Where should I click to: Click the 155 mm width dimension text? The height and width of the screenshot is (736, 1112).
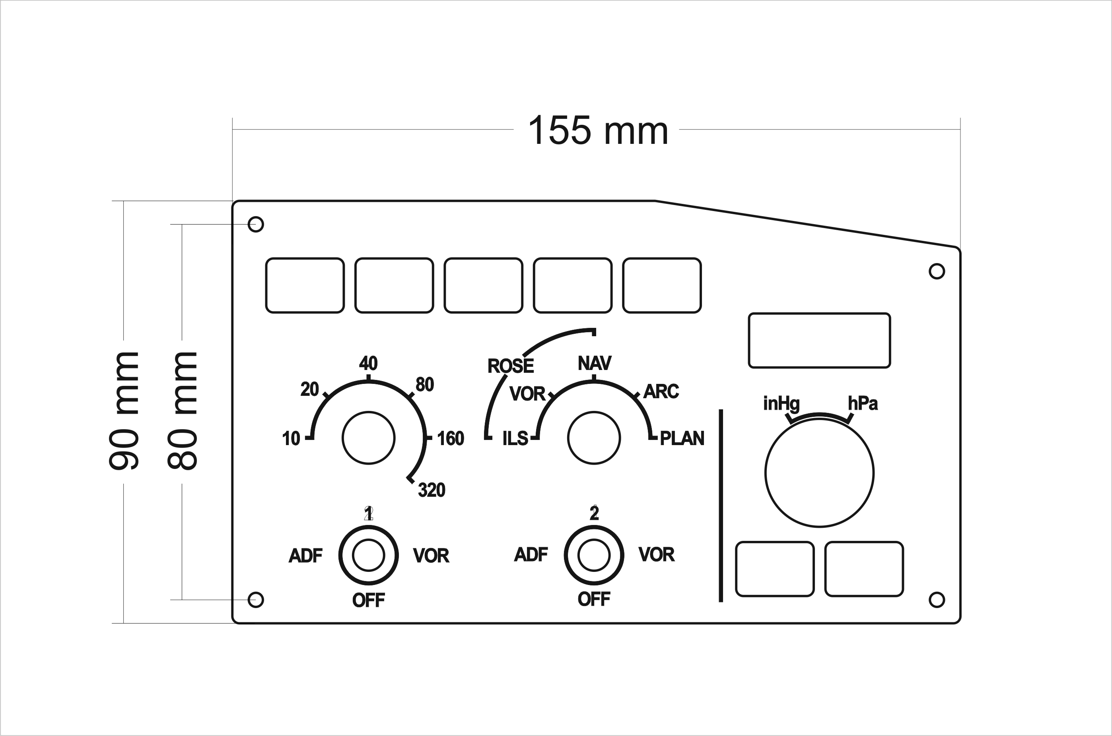pos(598,130)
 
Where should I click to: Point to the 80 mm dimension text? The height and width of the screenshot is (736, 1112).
pos(182,411)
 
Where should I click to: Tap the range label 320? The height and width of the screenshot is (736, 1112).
pos(431,490)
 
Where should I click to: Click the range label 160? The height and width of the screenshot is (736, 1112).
pos(451,438)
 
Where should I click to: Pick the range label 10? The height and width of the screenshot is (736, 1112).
pos(291,438)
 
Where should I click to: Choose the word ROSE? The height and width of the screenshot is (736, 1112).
pos(511,366)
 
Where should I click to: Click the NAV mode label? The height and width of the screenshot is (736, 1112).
pos(594,363)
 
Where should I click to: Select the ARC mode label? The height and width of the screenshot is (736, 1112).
pos(661,391)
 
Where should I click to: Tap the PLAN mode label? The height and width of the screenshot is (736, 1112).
pos(682,438)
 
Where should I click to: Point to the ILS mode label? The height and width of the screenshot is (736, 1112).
pos(515,438)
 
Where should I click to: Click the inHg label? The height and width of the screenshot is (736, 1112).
pos(781,403)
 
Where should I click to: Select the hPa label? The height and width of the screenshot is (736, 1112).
pos(863,403)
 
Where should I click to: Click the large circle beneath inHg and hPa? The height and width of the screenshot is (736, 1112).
pos(819,473)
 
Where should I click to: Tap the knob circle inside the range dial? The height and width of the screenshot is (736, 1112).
pos(368,438)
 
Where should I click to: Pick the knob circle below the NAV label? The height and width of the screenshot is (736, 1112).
pos(594,438)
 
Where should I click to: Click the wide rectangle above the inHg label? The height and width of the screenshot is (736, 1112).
pos(819,340)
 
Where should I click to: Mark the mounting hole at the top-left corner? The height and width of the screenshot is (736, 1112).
pos(256,225)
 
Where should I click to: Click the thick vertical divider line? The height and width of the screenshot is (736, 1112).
pos(721,506)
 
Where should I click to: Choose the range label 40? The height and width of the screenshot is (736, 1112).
pos(368,363)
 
